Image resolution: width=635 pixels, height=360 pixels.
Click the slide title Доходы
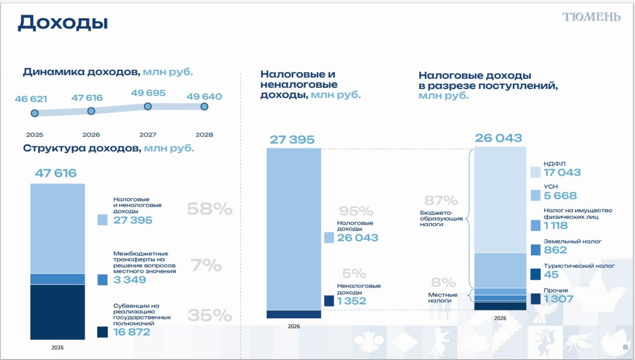coord(63,23)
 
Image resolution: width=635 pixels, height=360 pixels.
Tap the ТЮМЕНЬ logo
coord(591,17)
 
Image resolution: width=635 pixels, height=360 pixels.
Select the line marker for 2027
coord(147,106)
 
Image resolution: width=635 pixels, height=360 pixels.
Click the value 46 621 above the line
coord(31,99)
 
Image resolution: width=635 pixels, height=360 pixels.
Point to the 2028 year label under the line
coord(204,135)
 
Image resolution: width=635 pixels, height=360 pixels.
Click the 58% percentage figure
coord(209,209)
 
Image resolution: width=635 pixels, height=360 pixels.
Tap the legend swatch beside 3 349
coord(103,280)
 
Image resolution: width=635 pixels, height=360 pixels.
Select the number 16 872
coord(131,332)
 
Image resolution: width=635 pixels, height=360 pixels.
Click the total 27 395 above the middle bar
coord(292,140)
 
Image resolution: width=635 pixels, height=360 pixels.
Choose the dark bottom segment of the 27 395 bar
coord(294,314)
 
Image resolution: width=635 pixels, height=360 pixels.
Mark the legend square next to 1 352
coord(329,300)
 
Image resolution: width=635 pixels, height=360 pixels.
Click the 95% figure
coord(356,211)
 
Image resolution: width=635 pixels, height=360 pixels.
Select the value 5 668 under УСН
coord(561,196)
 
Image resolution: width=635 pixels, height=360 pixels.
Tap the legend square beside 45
coord(535,274)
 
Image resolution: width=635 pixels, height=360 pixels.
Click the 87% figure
coord(441,201)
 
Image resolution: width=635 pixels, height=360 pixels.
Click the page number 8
coord(625,347)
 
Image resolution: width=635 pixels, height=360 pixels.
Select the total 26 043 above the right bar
coord(498,138)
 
